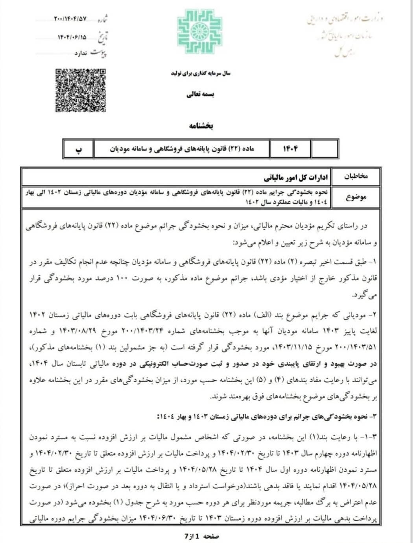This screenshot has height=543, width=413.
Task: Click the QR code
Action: click(x=81, y=90)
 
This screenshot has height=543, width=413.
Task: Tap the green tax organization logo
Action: click(x=200, y=31)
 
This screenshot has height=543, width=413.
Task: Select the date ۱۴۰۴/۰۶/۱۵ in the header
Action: click(x=72, y=37)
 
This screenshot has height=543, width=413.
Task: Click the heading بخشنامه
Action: click(x=201, y=126)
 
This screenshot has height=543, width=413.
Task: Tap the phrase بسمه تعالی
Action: click(x=200, y=95)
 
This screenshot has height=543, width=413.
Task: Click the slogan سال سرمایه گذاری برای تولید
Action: click(x=200, y=73)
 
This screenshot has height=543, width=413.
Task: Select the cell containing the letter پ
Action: click(x=79, y=149)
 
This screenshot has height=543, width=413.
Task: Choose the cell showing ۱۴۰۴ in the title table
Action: click(x=290, y=149)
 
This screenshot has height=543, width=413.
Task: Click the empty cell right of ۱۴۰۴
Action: click(x=324, y=149)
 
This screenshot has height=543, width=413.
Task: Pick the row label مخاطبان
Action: click(x=356, y=177)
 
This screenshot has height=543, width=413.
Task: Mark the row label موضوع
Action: click(x=356, y=197)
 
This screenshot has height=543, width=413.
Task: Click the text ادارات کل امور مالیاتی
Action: click(x=295, y=178)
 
